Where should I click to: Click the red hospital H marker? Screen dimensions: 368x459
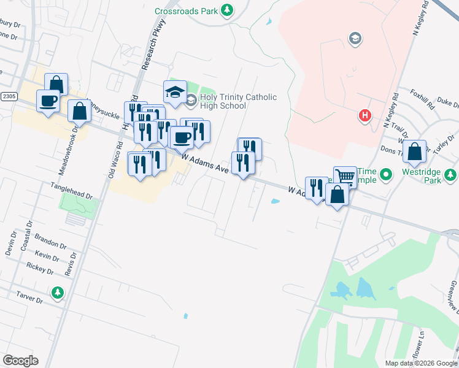tap(365, 115)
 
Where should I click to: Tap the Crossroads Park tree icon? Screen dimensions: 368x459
tap(227, 10)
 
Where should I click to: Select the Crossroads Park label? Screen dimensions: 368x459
tap(187, 10)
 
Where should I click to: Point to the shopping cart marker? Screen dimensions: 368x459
tap(345, 177)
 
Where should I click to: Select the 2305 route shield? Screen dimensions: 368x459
tap(9, 96)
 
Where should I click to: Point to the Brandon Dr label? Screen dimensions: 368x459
tap(50, 241)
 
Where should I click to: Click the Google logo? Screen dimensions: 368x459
tap(20, 361)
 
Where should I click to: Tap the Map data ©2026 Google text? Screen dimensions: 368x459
tap(420, 363)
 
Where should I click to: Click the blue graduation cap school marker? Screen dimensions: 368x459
tap(175, 92)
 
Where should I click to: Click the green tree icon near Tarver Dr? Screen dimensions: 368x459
tap(57, 293)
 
